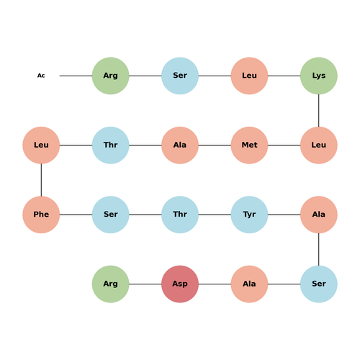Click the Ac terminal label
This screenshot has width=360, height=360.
(41, 76)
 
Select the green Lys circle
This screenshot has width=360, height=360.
(319, 76)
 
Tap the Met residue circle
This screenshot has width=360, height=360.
(249, 145)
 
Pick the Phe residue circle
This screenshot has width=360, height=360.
(41, 215)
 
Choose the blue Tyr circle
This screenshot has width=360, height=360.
(249, 215)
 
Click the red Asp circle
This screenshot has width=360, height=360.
(180, 284)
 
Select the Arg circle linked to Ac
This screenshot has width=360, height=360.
(111, 76)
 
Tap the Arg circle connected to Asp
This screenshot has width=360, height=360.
(111, 284)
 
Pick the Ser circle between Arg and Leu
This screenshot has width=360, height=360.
(180, 76)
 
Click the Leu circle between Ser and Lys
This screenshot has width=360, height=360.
(249, 76)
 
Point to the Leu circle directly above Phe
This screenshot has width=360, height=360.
(41, 145)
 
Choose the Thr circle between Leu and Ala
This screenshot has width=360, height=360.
(111, 145)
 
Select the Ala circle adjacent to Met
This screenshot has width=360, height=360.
(180, 145)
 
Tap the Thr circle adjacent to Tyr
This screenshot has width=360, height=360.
(180, 215)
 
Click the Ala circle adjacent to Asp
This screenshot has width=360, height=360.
(249, 284)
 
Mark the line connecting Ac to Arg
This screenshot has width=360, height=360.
(76, 76)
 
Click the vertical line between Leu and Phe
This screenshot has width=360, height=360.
(41, 180)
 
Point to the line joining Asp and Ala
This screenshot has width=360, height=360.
(215, 284)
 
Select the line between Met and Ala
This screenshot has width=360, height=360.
(215, 145)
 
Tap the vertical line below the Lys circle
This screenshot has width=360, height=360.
(319, 111)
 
